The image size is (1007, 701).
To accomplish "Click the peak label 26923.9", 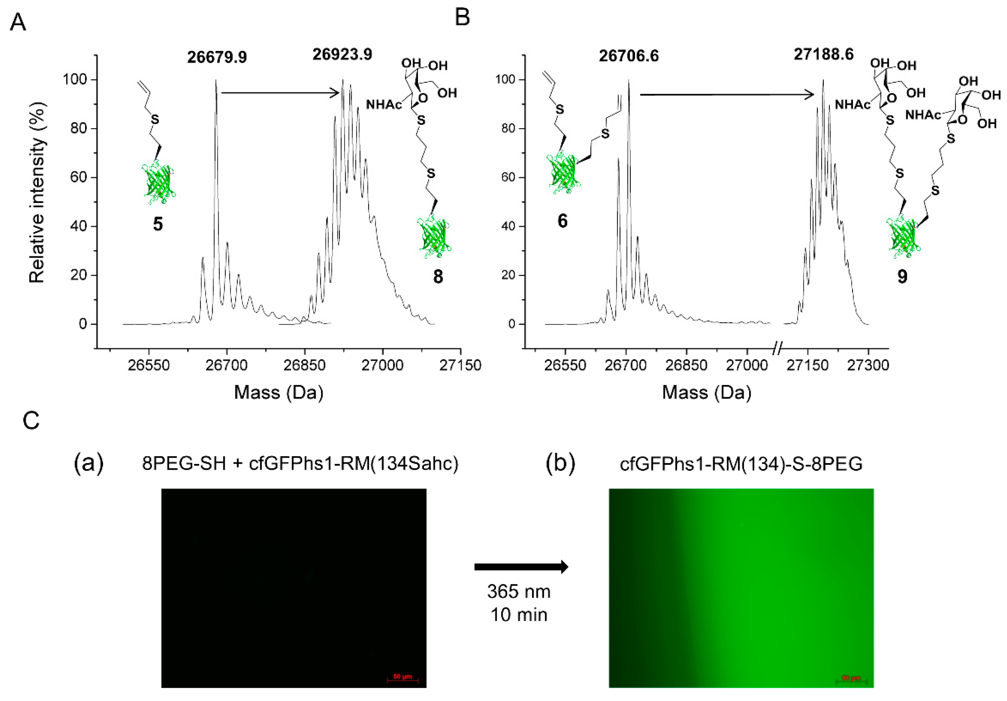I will point(342,55).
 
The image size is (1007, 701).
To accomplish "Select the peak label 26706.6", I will point(629,56).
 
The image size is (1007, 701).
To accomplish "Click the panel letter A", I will point(18,22).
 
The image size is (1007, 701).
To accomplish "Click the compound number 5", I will point(157,224).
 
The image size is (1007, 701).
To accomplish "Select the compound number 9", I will point(902,277).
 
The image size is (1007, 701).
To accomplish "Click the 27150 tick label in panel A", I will point(460,365).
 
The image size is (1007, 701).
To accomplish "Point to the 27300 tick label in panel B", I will point(868,365).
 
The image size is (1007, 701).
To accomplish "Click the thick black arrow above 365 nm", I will point(521,567).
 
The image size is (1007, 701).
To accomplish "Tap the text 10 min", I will point(518,615).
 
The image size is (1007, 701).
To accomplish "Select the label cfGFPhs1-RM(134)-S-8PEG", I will point(741,463).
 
